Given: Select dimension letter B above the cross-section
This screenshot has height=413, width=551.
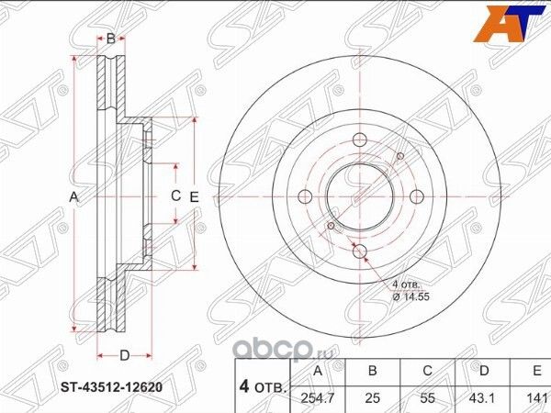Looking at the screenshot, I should pos(110,39).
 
